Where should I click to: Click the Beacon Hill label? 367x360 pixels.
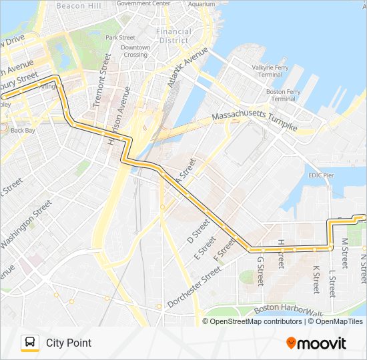coord(78,5)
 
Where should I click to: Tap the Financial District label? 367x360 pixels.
coord(173,35)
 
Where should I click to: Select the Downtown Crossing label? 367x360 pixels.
coord(135,51)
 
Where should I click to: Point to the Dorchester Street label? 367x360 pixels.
coord(194,287)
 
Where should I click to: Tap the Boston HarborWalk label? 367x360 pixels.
coord(288,309)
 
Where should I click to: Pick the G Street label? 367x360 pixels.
coord(261,271)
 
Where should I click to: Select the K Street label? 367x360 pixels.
coord(316,279)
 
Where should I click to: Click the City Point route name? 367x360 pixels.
coord(69,343)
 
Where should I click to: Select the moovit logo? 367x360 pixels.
coord(316,343)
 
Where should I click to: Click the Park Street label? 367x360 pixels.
coord(120,37)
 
